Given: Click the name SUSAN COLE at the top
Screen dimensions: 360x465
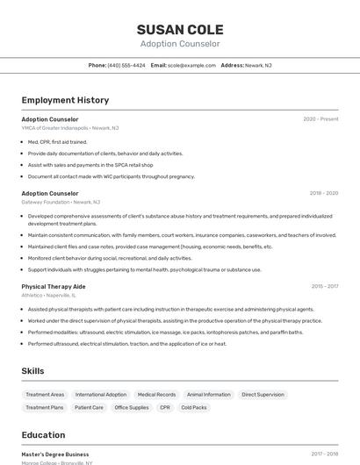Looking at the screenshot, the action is pyautogui.click(x=180, y=29).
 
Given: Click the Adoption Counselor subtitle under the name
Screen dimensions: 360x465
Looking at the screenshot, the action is pyautogui.click(x=180, y=44).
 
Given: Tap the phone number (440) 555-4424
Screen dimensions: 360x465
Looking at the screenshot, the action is pyautogui.click(x=126, y=65).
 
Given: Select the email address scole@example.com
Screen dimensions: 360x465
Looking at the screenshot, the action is pyautogui.click(x=191, y=65).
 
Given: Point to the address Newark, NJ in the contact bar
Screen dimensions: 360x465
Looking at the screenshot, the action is pyautogui.click(x=258, y=65).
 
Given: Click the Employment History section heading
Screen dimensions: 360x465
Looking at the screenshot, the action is pyautogui.click(x=65, y=100).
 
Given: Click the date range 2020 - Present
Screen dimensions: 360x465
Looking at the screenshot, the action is pyautogui.click(x=320, y=118).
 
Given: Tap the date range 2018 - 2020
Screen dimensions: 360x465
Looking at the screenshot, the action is pyautogui.click(x=323, y=193).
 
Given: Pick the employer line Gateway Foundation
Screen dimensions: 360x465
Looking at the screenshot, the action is pyautogui.click(x=61, y=202).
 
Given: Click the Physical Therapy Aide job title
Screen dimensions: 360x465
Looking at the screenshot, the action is pyautogui.click(x=54, y=286).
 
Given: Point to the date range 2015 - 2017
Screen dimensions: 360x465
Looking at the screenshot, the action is pyautogui.click(x=324, y=286).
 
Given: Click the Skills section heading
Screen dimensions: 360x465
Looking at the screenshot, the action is pyautogui.click(x=32, y=371).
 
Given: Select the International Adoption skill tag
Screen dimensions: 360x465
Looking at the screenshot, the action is pyautogui.click(x=101, y=395).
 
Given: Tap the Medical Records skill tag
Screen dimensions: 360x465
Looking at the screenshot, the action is pyautogui.click(x=157, y=395).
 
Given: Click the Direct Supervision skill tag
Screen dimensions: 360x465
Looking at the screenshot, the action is pyautogui.click(x=263, y=395).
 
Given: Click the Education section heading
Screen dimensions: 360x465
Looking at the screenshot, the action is pyautogui.click(x=43, y=435).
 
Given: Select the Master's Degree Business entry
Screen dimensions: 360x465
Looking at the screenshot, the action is pyautogui.click(x=55, y=454).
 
